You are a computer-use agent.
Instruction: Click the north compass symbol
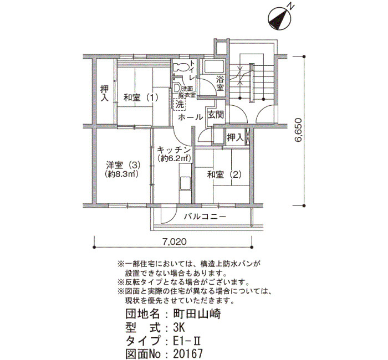pyautogui.click(x=279, y=19)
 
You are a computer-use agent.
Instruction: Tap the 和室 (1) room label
pyautogui.click(x=141, y=97)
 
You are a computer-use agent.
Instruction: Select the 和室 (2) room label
pyautogui.click(x=224, y=175)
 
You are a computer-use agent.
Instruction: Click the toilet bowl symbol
pyautogui.click(x=181, y=67)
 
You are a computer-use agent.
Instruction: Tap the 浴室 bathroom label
pyautogui.click(x=219, y=83)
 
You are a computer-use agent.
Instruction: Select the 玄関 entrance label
pyautogui.click(x=216, y=115)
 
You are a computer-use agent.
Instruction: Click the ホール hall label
pyautogui.click(x=190, y=117)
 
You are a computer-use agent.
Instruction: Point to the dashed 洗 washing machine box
pyautogui.click(x=180, y=104)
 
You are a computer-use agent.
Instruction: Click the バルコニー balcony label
pyautogui.click(x=205, y=217)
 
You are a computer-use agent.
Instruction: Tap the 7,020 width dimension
pyautogui.click(x=175, y=241)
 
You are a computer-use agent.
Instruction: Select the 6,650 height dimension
pyautogui.click(x=298, y=130)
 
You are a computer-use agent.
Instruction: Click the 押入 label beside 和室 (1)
pyautogui.click(x=104, y=94)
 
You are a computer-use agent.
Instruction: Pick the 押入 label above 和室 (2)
pyautogui.click(x=236, y=137)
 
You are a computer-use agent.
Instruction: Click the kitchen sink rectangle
pyautogui.click(x=185, y=183)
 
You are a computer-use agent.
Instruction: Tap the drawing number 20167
pyautogui.click(x=188, y=354)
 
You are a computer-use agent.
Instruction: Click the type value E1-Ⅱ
pyautogui.click(x=187, y=341)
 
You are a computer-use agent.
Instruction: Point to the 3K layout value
pyautogui.click(x=179, y=328)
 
